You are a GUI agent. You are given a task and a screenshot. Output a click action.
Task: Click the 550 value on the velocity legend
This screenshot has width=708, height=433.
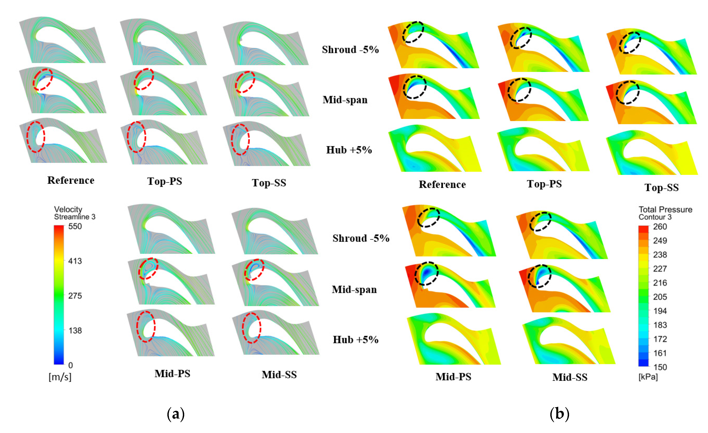75,227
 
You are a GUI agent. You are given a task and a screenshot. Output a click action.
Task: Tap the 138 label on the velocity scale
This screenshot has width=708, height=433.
75,331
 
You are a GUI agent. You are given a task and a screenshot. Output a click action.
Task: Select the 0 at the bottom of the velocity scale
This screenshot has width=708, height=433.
71,366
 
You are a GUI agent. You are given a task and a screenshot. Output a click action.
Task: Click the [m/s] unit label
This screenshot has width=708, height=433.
60,377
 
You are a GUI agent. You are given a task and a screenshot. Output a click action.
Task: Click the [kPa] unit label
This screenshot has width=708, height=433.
648,377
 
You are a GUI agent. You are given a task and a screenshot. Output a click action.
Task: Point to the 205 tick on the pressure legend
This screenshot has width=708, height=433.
660,297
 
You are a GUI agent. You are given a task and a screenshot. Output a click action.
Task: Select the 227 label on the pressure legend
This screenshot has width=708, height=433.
660,269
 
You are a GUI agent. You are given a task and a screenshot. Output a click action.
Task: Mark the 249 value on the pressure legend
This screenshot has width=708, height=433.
660,241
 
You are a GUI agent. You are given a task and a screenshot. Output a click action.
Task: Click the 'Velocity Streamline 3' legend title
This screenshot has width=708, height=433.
74,213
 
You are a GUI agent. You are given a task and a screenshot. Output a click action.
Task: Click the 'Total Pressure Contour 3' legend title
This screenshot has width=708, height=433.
665,213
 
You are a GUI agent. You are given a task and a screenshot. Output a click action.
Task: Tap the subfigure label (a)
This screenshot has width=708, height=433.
176,414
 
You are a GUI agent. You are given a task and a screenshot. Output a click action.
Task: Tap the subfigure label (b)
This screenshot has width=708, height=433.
559,414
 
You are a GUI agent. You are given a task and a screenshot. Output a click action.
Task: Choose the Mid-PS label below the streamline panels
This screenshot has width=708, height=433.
172,374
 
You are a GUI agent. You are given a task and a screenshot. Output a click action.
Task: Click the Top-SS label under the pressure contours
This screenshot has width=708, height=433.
661,188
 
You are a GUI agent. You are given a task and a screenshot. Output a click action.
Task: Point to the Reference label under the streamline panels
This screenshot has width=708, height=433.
71,180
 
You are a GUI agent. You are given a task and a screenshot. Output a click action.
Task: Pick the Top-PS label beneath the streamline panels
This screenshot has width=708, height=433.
165,181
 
